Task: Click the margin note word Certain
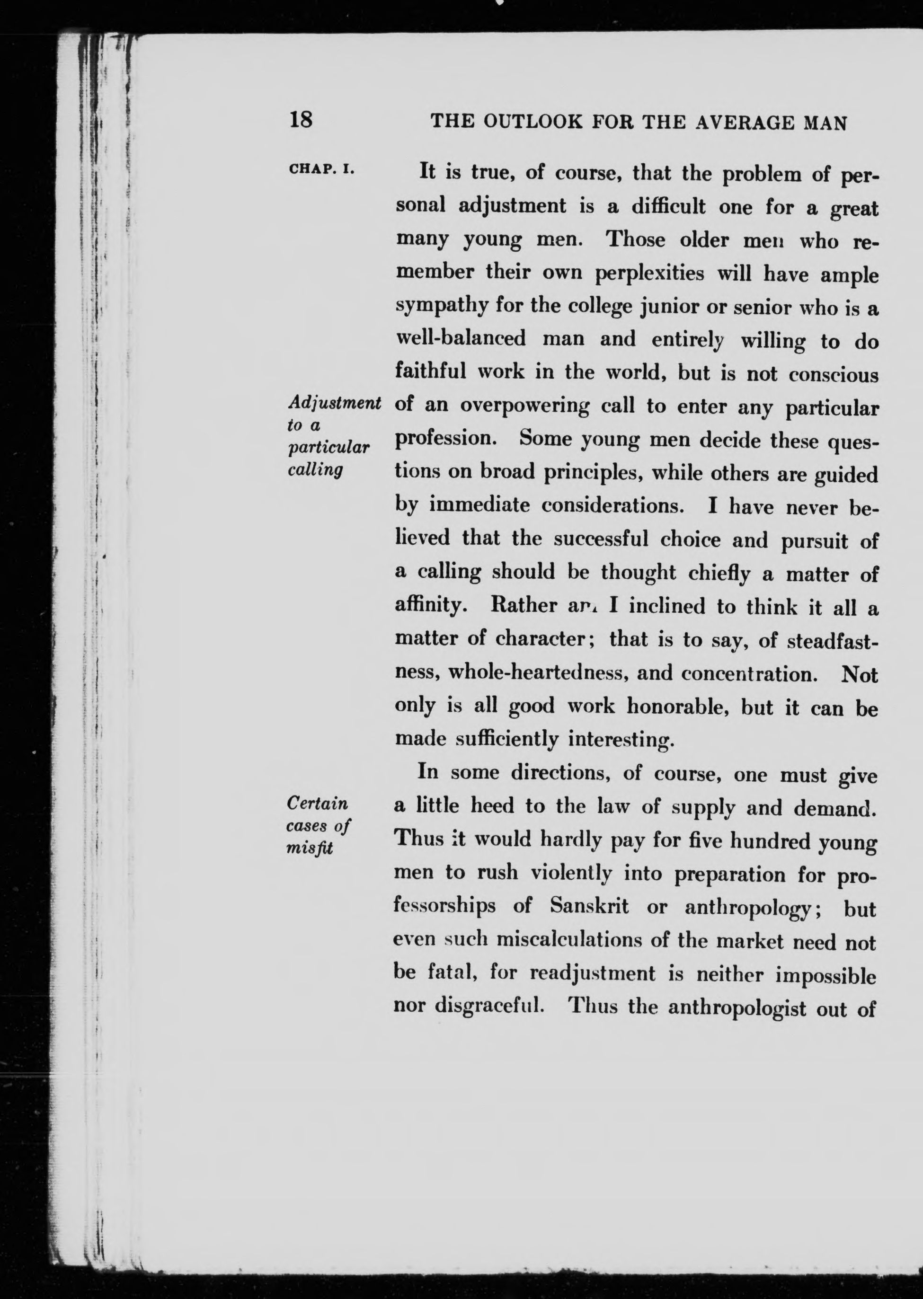(x=318, y=804)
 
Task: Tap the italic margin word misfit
(x=310, y=848)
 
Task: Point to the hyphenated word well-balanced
(x=461, y=339)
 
